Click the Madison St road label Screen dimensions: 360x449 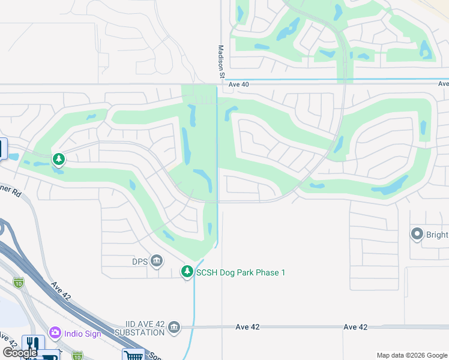tap(220, 61)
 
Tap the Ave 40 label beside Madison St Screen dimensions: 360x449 tap(238, 85)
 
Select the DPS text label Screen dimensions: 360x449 tap(140, 261)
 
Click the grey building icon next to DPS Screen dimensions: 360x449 tap(157, 260)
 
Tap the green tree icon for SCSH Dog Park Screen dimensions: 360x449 tap(187, 272)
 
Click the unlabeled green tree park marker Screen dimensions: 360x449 tap(59, 159)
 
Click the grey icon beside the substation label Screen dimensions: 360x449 tap(174, 327)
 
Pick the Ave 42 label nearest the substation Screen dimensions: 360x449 tap(247, 327)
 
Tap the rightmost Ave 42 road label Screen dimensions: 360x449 tap(355, 327)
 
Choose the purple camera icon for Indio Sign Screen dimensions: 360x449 tap(55, 332)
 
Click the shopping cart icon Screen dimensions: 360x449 tap(133, 355)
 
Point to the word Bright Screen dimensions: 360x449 tap(438, 234)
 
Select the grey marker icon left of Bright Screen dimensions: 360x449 tap(417, 233)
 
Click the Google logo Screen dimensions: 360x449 tap(20, 353)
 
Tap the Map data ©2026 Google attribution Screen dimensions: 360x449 tap(412, 355)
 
